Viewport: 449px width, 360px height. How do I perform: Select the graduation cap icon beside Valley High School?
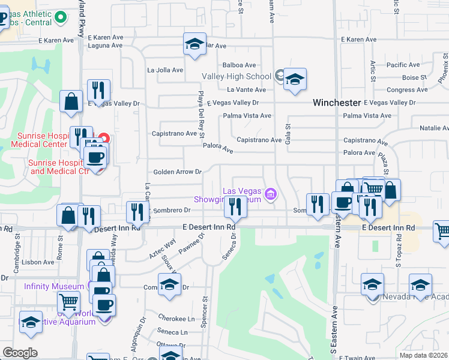(294, 80)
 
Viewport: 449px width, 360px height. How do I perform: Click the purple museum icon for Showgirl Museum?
(271, 193)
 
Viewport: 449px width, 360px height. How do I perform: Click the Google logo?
(20, 352)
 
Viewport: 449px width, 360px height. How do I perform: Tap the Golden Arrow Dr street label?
(177, 172)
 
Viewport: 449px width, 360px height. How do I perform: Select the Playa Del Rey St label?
(202, 118)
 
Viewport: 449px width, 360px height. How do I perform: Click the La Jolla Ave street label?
(165, 70)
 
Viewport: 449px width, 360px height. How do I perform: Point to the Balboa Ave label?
(239, 65)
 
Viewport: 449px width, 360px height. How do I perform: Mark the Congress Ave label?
(408, 90)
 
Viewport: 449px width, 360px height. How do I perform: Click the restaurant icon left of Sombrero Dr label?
(138, 212)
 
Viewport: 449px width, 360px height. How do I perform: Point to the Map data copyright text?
(423, 355)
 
